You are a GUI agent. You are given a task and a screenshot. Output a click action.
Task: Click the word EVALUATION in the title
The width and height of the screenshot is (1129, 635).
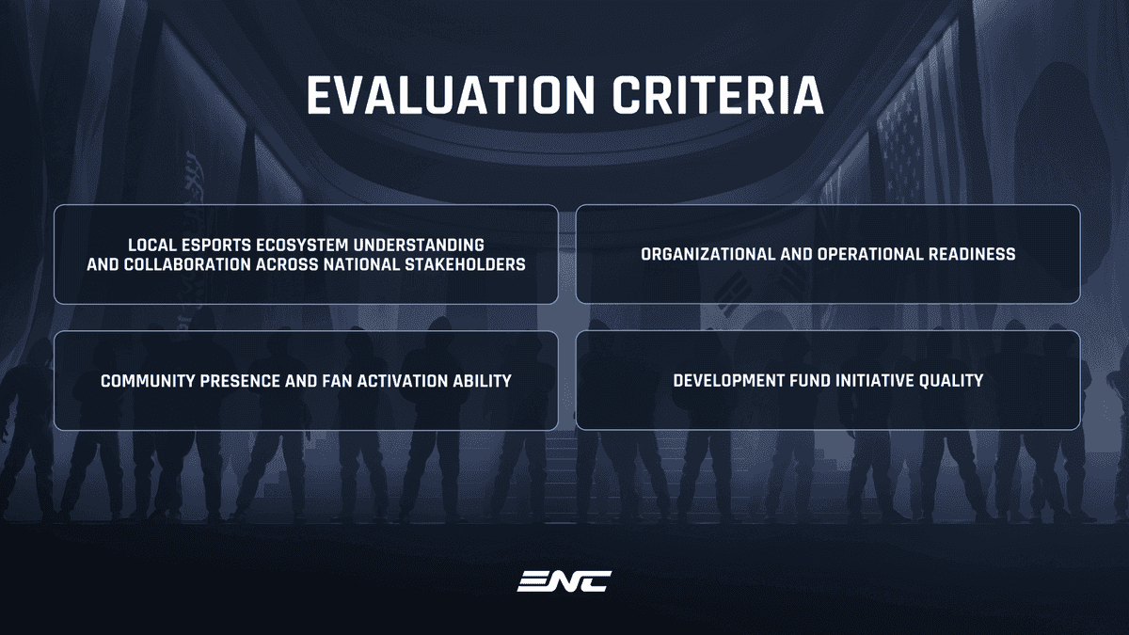(x=451, y=95)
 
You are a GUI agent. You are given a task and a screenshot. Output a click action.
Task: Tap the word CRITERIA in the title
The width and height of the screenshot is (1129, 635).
(x=718, y=95)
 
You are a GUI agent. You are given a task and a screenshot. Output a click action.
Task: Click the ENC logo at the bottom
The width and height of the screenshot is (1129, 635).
(x=564, y=581)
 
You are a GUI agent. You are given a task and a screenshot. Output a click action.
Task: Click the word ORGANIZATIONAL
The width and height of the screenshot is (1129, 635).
(x=708, y=255)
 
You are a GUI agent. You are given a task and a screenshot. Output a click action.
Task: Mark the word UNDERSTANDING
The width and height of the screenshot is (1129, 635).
(x=419, y=246)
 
